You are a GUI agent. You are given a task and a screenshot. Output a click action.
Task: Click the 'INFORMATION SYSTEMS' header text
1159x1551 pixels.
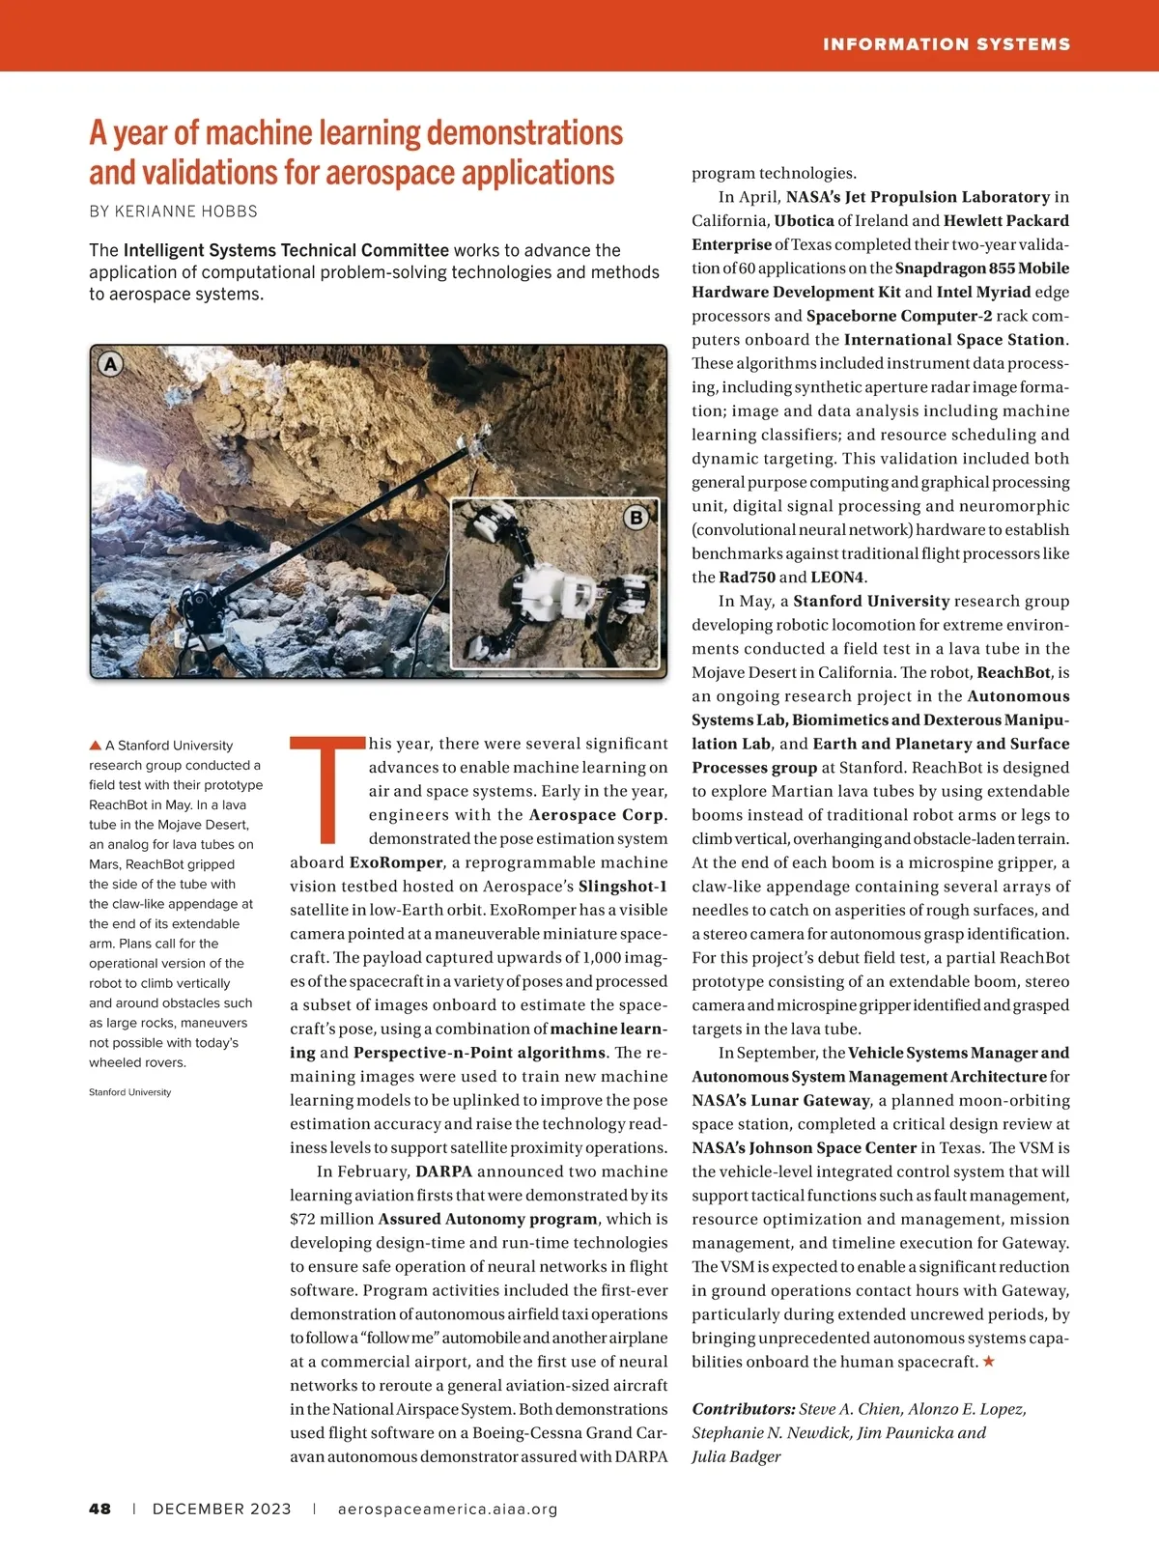pos(946,44)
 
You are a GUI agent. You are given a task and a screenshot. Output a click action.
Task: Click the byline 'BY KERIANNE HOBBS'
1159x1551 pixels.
pos(173,211)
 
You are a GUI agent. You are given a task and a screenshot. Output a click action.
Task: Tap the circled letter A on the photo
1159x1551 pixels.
pos(111,364)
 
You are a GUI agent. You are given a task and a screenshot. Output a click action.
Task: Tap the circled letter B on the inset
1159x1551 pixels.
pos(636,518)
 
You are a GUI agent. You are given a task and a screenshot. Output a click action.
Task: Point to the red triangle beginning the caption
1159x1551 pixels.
pos(96,746)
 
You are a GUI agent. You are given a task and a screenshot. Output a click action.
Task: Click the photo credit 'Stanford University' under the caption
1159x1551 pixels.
pos(129,1092)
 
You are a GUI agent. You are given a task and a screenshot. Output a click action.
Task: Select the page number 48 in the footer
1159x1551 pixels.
pos(99,1509)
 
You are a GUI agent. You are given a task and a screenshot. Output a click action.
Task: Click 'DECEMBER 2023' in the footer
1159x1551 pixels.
pos(221,1509)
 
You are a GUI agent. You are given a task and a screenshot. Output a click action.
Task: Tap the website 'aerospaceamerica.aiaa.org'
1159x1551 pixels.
pos(447,1509)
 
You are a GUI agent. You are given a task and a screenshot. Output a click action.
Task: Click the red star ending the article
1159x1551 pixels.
pos(988,1362)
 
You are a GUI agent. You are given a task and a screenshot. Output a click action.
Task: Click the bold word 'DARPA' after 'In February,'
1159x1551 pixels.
pos(443,1171)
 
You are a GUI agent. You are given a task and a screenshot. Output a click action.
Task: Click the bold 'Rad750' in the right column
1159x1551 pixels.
pos(747,578)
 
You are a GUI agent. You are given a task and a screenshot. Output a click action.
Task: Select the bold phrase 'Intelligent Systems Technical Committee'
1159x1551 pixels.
pos(286,250)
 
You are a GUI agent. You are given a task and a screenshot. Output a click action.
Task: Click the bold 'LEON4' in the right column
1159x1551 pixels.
pos(836,578)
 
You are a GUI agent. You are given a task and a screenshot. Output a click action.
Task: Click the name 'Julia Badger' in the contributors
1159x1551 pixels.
pos(736,1456)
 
